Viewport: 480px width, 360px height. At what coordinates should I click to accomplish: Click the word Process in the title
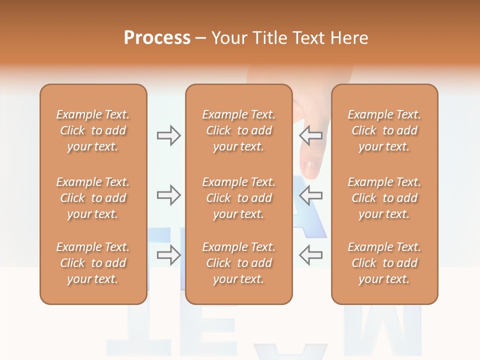pos(157,38)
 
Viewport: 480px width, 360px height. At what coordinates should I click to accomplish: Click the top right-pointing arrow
pos(168,135)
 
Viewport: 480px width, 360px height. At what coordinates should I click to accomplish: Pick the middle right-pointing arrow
pos(168,195)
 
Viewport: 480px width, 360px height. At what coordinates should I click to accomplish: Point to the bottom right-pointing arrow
pos(168,255)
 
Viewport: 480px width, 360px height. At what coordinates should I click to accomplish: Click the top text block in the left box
pos(93,130)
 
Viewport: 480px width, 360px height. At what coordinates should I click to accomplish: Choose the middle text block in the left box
pos(93,198)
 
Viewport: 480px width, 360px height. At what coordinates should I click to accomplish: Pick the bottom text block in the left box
pos(93,263)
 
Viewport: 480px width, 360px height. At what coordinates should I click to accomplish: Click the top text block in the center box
pos(239,130)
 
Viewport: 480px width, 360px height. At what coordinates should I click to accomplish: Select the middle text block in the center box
pos(239,198)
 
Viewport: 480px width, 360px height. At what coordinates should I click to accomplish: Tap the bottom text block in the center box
pos(239,263)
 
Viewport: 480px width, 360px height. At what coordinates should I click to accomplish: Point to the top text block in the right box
pos(384,130)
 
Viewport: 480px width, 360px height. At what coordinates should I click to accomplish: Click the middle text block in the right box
pos(384,198)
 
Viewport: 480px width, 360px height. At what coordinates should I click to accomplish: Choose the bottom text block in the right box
pos(384,263)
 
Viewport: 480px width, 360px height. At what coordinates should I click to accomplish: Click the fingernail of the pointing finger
pos(311,169)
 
